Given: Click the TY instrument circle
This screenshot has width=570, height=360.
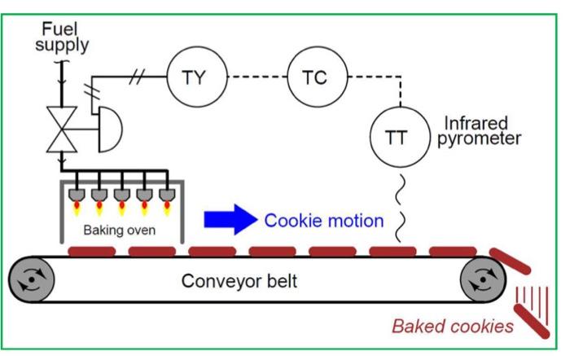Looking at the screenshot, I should (193, 79).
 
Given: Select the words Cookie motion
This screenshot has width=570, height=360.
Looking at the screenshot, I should (324, 220).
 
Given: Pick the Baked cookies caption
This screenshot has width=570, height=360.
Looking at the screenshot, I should (453, 327).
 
